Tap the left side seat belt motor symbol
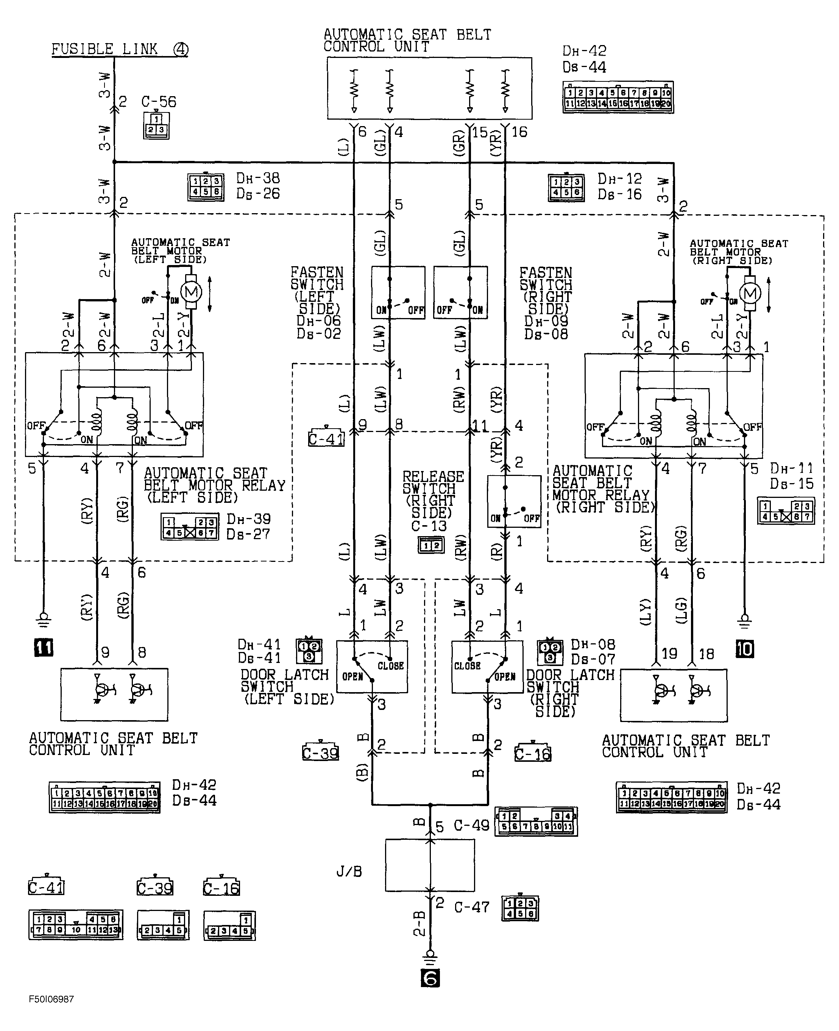coord(191,292)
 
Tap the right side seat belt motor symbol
coord(750,293)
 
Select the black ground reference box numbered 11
coord(44,647)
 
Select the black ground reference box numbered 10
coord(744,649)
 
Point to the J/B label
coord(349,872)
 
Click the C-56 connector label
coord(159,102)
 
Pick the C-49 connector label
coord(471,825)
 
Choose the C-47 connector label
coord(472,907)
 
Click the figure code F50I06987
coord(51,998)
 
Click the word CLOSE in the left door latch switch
coord(390,666)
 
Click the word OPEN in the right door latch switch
coord(505,677)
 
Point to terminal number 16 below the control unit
coord(519,132)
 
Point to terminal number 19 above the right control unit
coord(669,654)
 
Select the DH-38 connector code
coord(257,178)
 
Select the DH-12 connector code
coord(619,179)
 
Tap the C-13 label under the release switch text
coord(429,526)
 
